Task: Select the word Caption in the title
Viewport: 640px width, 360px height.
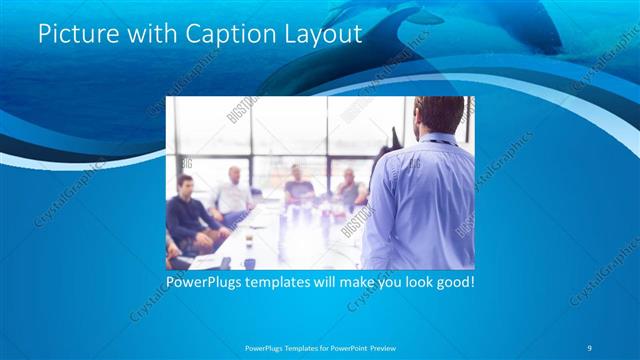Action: (x=217, y=35)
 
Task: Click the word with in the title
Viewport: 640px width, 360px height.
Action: (x=143, y=35)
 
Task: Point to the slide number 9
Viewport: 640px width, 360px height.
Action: (x=590, y=347)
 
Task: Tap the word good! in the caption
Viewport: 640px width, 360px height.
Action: (x=453, y=283)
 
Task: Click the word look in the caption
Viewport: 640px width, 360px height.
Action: (x=410, y=283)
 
